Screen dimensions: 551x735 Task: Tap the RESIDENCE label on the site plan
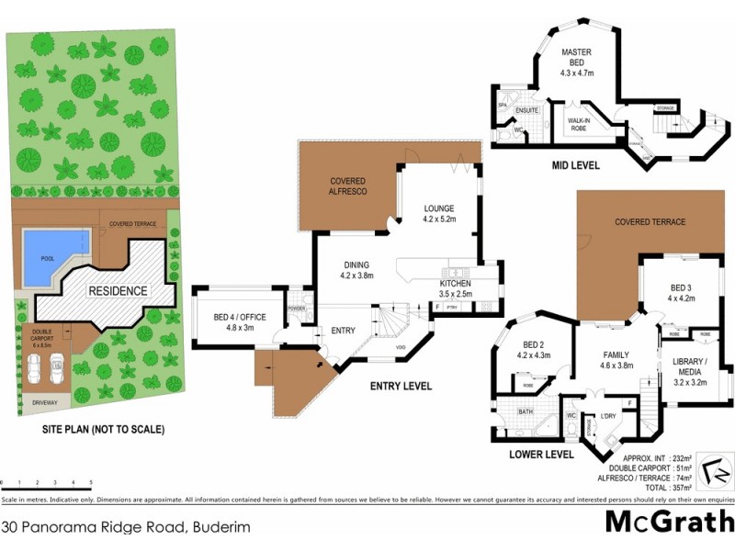118,291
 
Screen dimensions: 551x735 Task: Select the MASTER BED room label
579,63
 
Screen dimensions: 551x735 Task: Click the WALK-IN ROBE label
578,124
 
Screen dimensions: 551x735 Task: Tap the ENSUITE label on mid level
526,110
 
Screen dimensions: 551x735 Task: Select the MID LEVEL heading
575,166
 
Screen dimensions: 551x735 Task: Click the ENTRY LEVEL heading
401,387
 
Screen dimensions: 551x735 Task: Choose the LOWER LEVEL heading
543,454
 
